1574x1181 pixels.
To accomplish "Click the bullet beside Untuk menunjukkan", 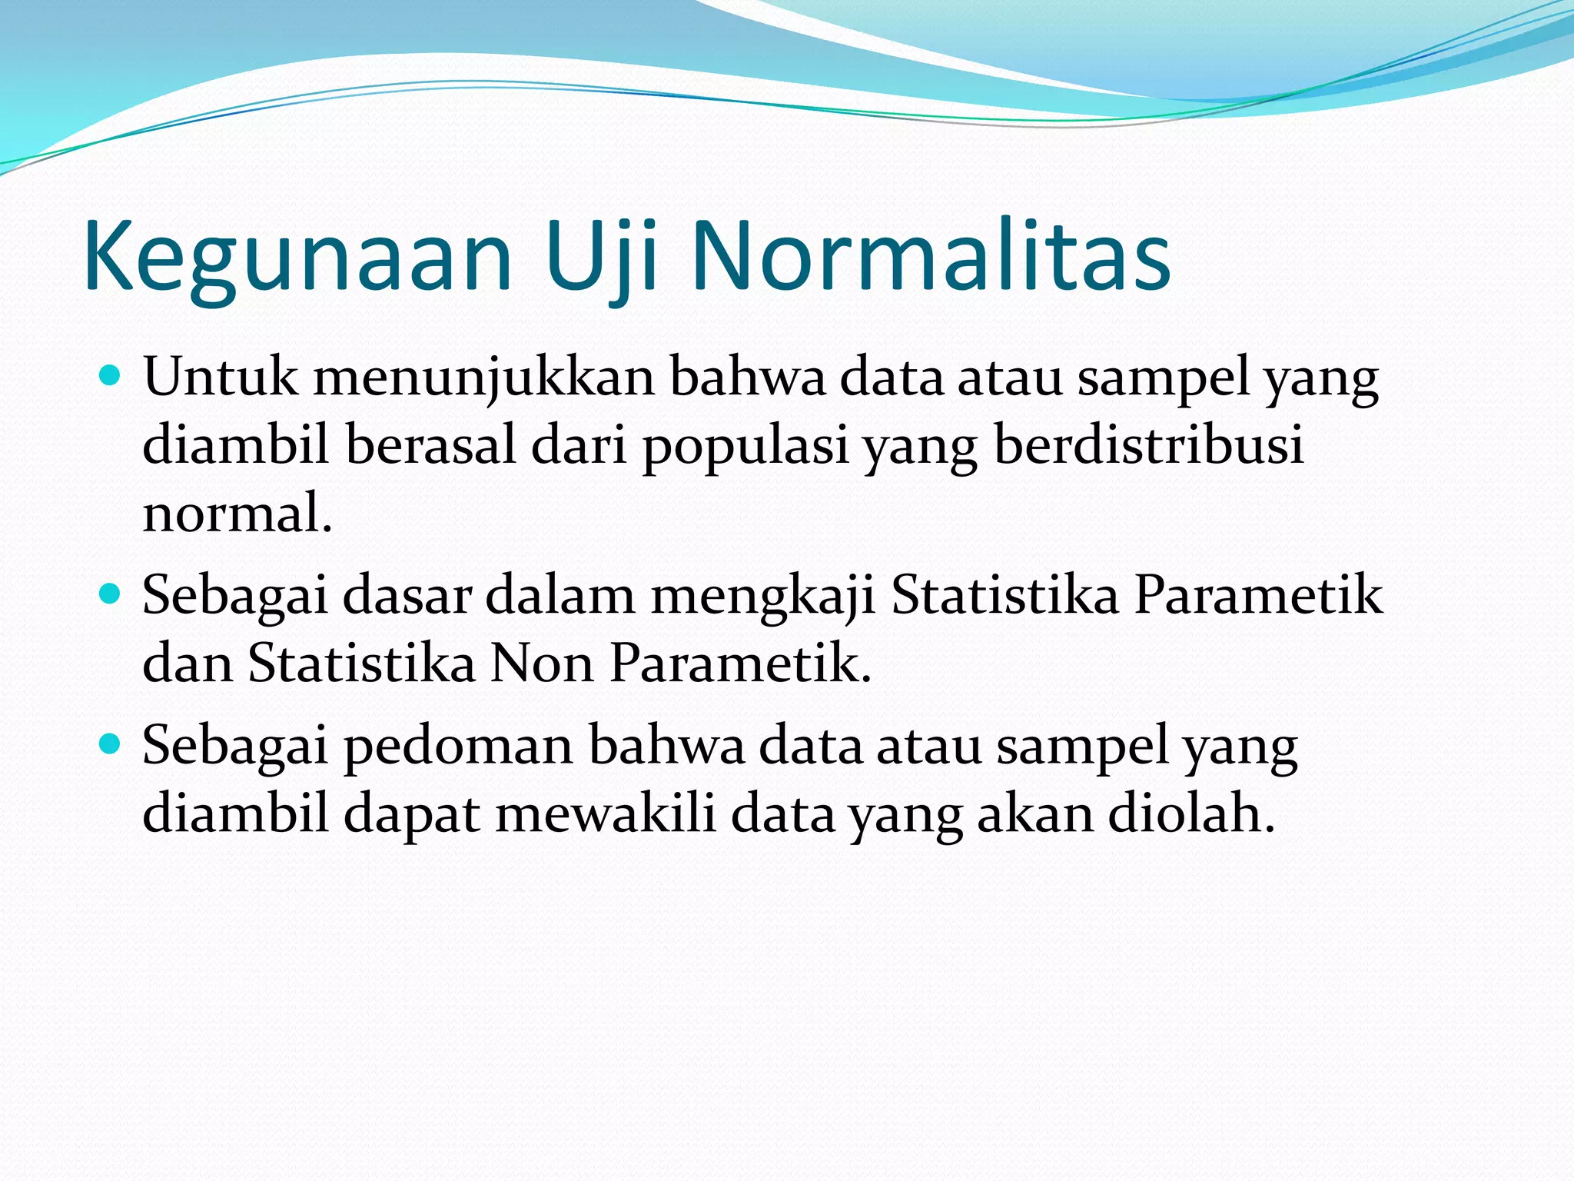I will tap(111, 377).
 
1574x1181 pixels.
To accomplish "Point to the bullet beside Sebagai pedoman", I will tap(111, 744).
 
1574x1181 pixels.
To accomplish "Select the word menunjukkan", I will tap(483, 378).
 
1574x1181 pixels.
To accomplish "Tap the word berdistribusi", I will tap(1148, 446).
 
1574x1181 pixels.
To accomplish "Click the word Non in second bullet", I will tap(543, 663).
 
